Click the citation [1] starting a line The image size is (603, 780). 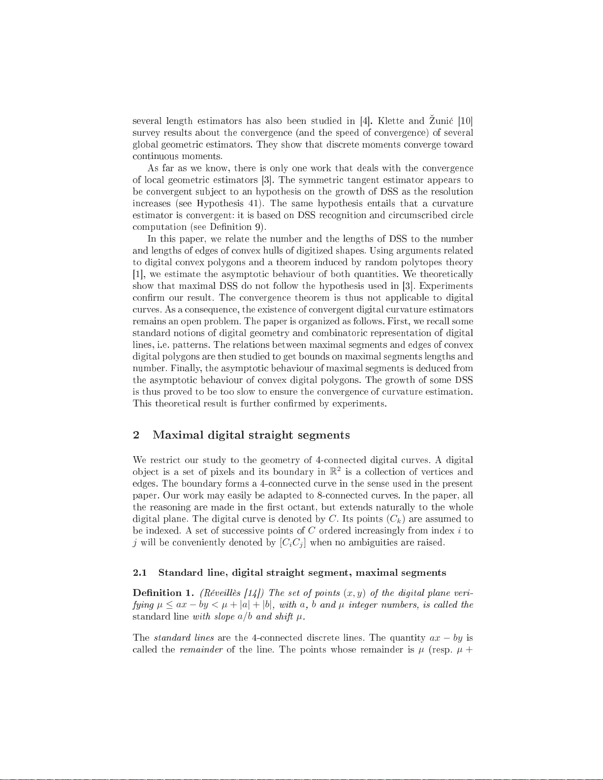(x=138, y=275)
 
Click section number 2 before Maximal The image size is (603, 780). (x=136, y=435)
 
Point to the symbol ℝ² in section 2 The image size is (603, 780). (x=335, y=472)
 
